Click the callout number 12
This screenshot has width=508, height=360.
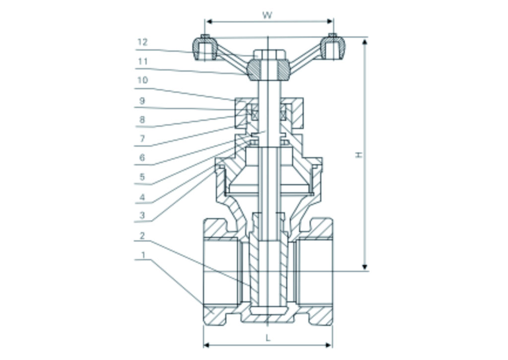coord(142,42)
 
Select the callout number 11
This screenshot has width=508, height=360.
coord(142,62)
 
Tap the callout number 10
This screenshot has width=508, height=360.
coord(142,80)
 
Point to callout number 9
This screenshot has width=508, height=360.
coord(142,101)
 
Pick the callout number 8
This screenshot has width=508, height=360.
coord(142,120)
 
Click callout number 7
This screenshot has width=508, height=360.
coord(142,139)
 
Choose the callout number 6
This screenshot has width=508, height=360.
coord(142,158)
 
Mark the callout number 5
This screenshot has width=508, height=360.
coord(142,177)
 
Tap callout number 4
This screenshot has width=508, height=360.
coord(142,197)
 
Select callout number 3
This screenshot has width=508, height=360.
coord(142,215)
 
